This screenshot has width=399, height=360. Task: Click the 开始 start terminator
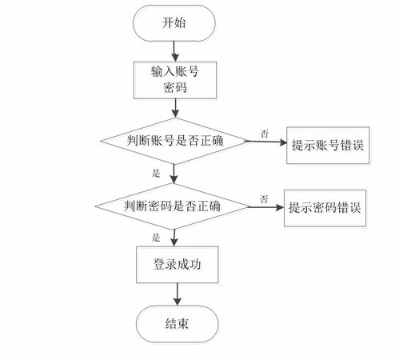(x=174, y=22)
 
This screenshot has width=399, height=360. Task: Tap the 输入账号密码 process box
(x=174, y=79)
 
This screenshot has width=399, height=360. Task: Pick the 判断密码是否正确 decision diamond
(x=174, y=206)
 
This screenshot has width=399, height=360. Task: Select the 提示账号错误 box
(x=328, y=145)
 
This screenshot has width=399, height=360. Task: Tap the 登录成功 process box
(x=174, y=264)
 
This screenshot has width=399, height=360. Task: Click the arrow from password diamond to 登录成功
(x=174, y=236)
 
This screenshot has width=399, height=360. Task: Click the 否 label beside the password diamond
(x=262, y=196)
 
